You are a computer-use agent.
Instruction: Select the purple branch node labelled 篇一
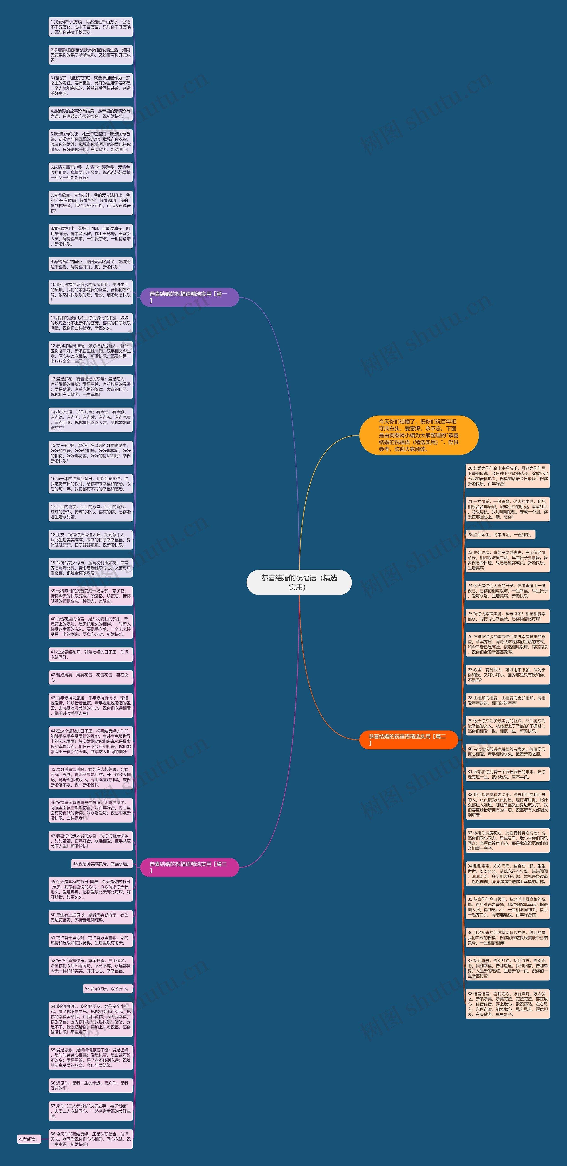[189, 297]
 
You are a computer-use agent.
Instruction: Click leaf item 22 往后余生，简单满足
[500, 534]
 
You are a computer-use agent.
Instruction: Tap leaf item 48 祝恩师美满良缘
[102, 864]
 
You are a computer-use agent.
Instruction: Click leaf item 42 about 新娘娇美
[91, 677]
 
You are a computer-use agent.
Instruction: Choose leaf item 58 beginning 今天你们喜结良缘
[91, 1139]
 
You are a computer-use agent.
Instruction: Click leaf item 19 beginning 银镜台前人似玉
[91, 567]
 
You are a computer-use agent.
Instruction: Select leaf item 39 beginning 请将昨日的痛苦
[91, 596]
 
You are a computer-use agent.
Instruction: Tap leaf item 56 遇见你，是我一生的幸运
[91, 1085]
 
